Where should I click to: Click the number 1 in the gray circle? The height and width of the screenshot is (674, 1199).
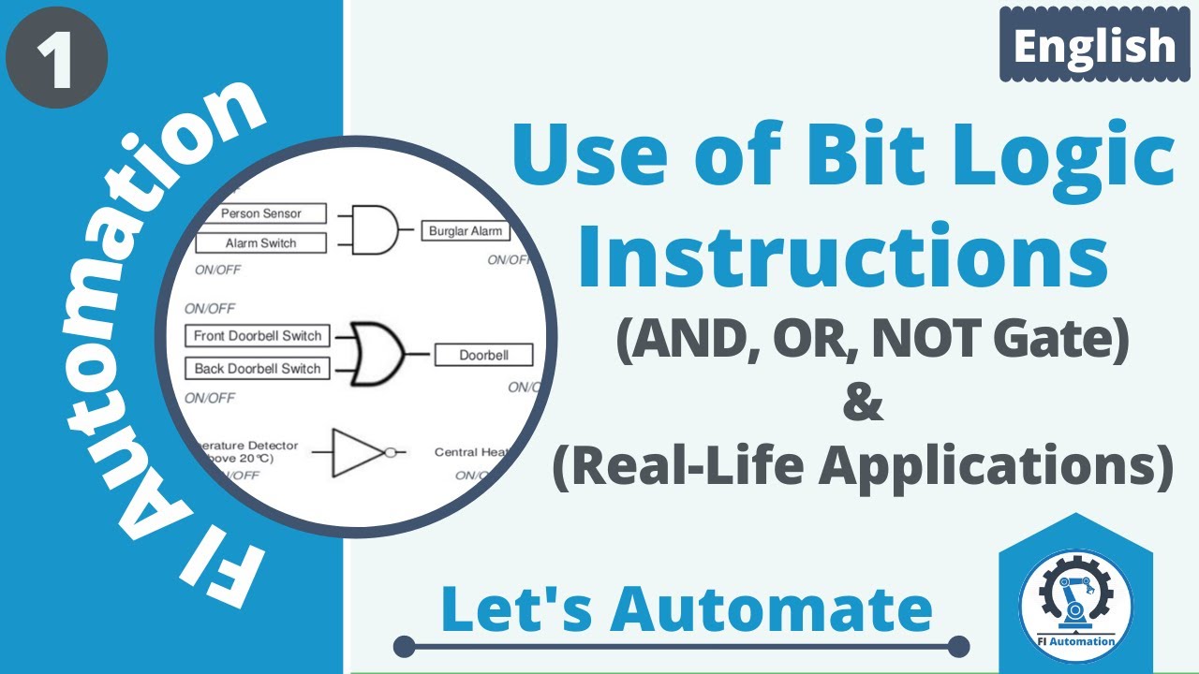tap(57, 59)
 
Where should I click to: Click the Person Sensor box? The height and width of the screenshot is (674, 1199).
tap(261, 213)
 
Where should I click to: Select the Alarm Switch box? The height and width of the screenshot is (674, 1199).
tap(261, 243)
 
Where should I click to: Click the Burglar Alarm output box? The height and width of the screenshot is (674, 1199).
tap(465, 231)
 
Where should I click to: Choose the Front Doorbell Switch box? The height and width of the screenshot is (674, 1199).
tap(258, 336)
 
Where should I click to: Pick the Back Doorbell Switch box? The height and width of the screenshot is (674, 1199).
tap(258, 369)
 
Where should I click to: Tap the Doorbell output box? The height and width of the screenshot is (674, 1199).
tap(482, 355)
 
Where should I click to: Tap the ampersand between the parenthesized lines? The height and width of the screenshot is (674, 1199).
tap(863, 405)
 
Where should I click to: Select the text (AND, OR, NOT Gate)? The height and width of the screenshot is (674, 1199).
tap(872, 342)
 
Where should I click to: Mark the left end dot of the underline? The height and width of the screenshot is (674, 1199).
tap(404, 647)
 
